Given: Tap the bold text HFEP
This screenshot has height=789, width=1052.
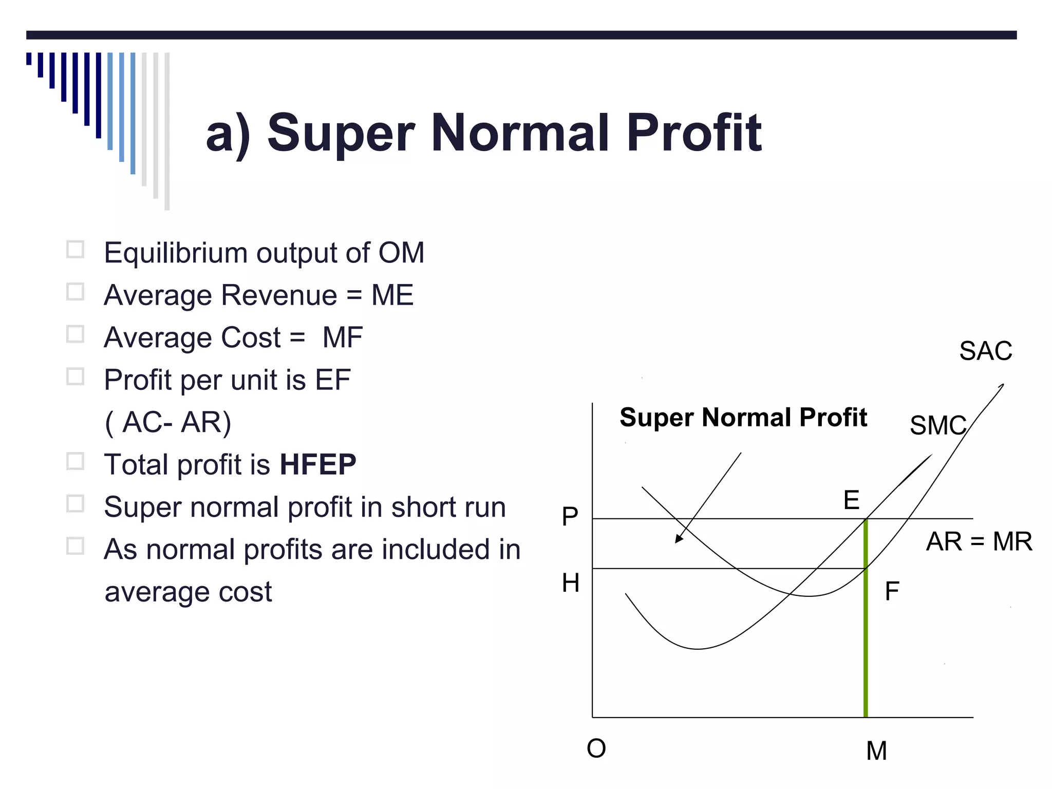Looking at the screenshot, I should pos(318,464).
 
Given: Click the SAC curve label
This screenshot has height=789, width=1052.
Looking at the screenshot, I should pos(985,351).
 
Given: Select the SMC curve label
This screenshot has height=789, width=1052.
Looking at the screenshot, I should pos(937,425).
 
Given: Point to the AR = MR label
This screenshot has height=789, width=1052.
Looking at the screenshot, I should pos(979,541).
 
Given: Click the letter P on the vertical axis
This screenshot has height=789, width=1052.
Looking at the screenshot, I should pos(570,516).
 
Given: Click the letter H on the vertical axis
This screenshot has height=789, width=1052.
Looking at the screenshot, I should pos(570,583).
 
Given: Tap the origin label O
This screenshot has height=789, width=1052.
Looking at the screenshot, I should pos(596,748).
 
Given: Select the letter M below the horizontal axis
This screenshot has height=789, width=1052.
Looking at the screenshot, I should pos(876,751).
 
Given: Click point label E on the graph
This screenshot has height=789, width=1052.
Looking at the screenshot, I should pos(851,500).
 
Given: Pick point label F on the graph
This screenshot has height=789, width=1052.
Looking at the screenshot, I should pos(892,591).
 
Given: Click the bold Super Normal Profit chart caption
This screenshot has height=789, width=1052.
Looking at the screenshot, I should pos(743,417).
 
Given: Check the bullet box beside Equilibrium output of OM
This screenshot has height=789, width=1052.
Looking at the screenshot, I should pos(76,250).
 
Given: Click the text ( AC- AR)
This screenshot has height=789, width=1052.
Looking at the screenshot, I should pos(168,423).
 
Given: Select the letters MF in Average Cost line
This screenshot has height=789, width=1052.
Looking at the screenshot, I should pos(343,337).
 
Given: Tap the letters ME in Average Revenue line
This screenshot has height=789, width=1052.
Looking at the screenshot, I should pos(392,295).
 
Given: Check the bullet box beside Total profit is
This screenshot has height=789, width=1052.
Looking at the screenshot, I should pos(76,461).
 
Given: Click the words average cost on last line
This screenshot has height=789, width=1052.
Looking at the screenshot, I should pos(188,592).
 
